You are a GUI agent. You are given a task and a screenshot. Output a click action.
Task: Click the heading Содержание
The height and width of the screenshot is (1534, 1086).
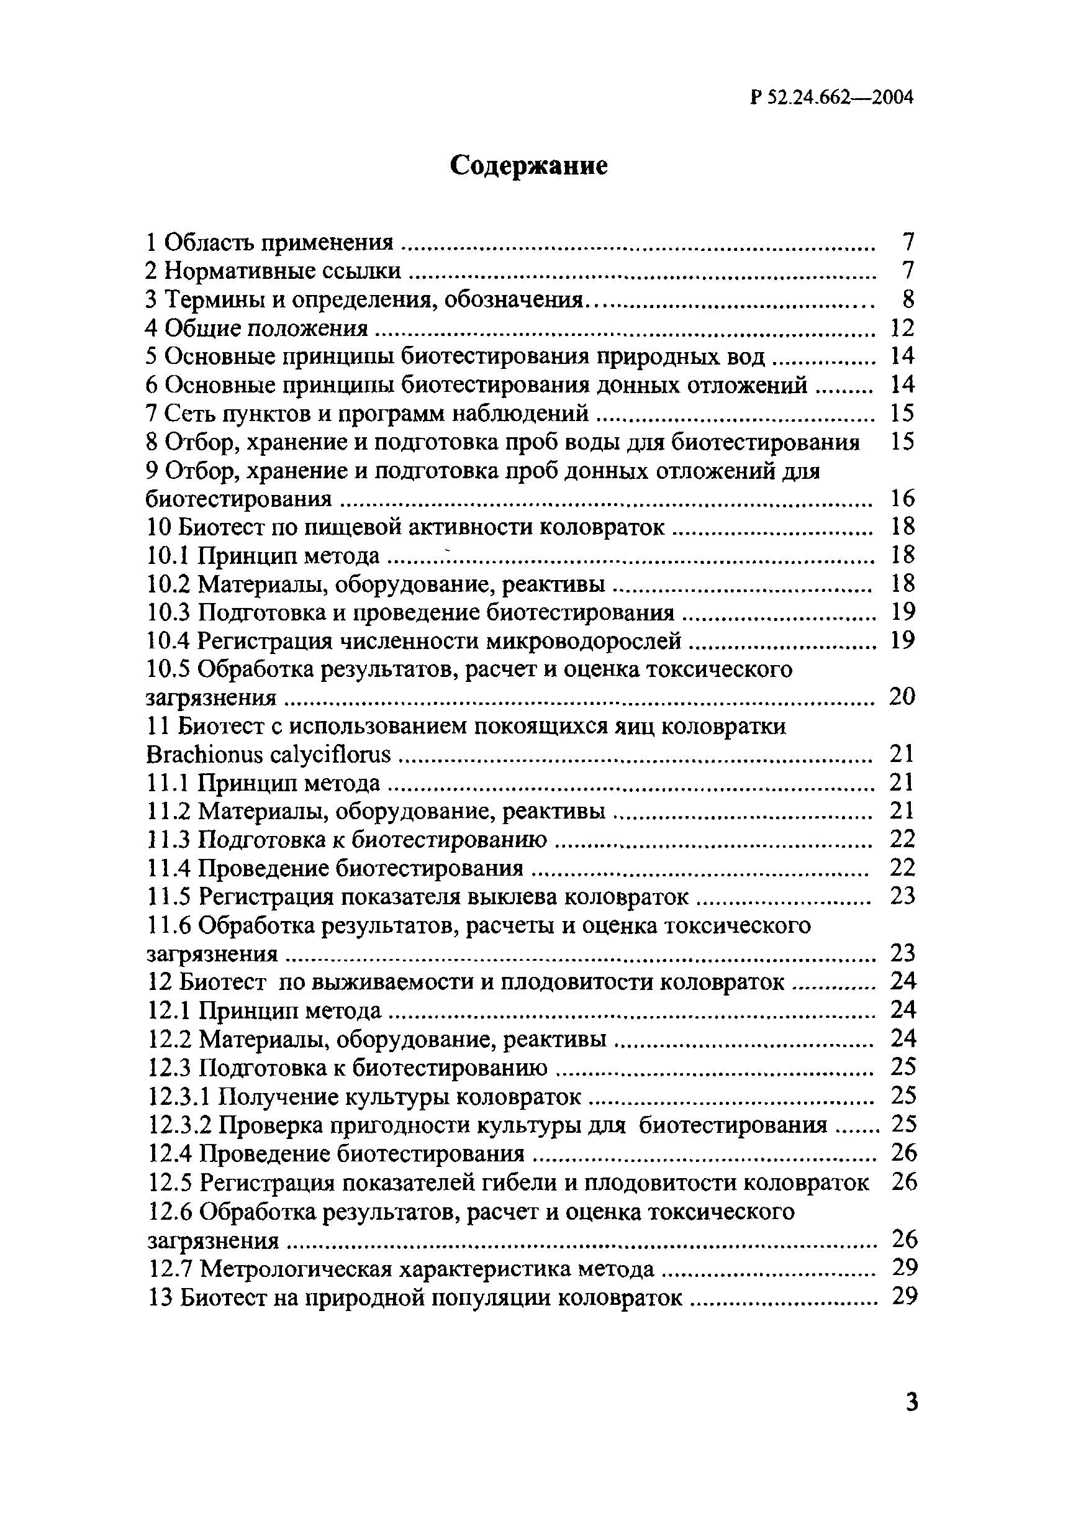[528, 165]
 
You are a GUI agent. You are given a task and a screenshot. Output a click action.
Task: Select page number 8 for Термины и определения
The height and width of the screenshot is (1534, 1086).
[907, 299]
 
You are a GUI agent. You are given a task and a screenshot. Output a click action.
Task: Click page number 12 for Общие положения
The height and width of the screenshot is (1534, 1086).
[902, 328]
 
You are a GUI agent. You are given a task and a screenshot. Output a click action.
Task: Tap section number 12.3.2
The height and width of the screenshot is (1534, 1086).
[179, 1125]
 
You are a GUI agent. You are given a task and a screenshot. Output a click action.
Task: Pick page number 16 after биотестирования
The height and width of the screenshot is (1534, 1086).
[902, 498]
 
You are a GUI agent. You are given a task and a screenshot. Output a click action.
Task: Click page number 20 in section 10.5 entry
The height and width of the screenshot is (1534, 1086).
[902, 697]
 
